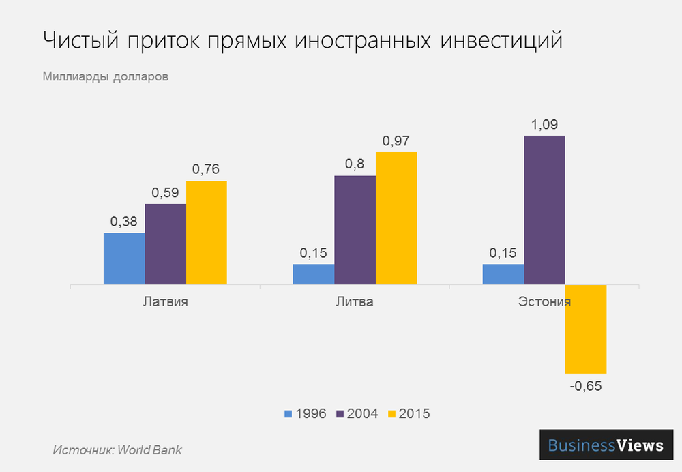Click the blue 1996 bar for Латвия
click(124, 259)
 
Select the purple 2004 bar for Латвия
click(165, 244)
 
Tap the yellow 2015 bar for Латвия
click(206, 233)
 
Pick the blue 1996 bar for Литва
click(314, 274)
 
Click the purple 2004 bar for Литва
click(355, 230)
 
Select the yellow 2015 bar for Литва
click(396, 218)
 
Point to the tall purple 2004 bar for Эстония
click(544, 210)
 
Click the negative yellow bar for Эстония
click(586, 329)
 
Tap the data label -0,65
click(585, 386)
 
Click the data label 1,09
click(544, 125)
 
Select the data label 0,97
click(396, 141)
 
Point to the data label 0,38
click(124, 222)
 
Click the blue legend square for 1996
click(288, 413)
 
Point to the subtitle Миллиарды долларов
click(105, 76)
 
